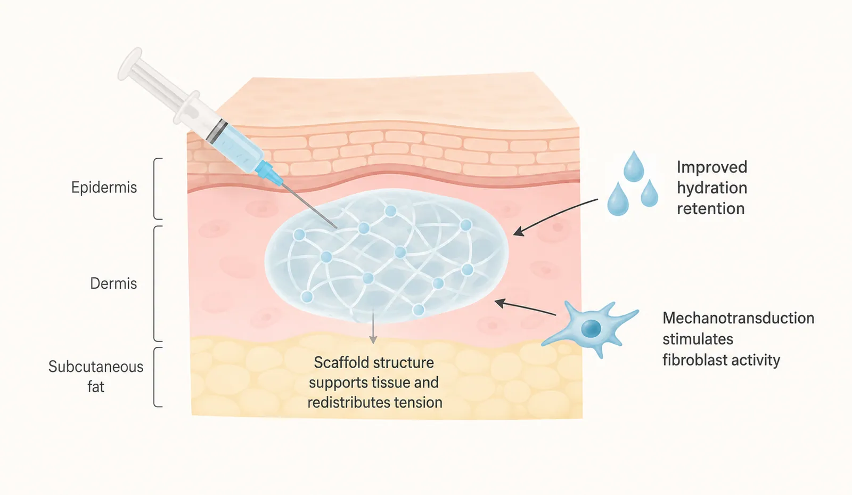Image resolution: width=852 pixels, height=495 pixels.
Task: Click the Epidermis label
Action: click(x=104, y=188)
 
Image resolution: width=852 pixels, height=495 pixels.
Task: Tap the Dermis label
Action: click(x=113, y=284)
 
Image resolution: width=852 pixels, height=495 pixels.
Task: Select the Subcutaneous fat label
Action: click(x=96, y=377)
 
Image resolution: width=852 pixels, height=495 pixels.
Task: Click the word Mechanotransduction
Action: click(x=738, y=318)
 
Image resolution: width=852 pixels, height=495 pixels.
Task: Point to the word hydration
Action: click(x=712, y=188)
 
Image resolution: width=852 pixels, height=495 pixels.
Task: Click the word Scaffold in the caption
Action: click(x=339, y=363)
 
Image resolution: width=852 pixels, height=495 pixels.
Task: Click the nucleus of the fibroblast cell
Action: click(x=592, y=328)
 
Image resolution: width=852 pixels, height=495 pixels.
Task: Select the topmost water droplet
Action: click(x=634, y=166)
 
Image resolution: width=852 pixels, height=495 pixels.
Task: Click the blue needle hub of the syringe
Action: click(x=269, y=173)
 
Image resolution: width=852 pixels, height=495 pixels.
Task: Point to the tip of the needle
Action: click(x=337, y=228)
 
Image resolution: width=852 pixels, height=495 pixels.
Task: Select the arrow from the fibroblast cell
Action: click(x=525, y=307)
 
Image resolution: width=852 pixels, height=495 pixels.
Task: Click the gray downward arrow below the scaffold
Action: click(x=373, y=327)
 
